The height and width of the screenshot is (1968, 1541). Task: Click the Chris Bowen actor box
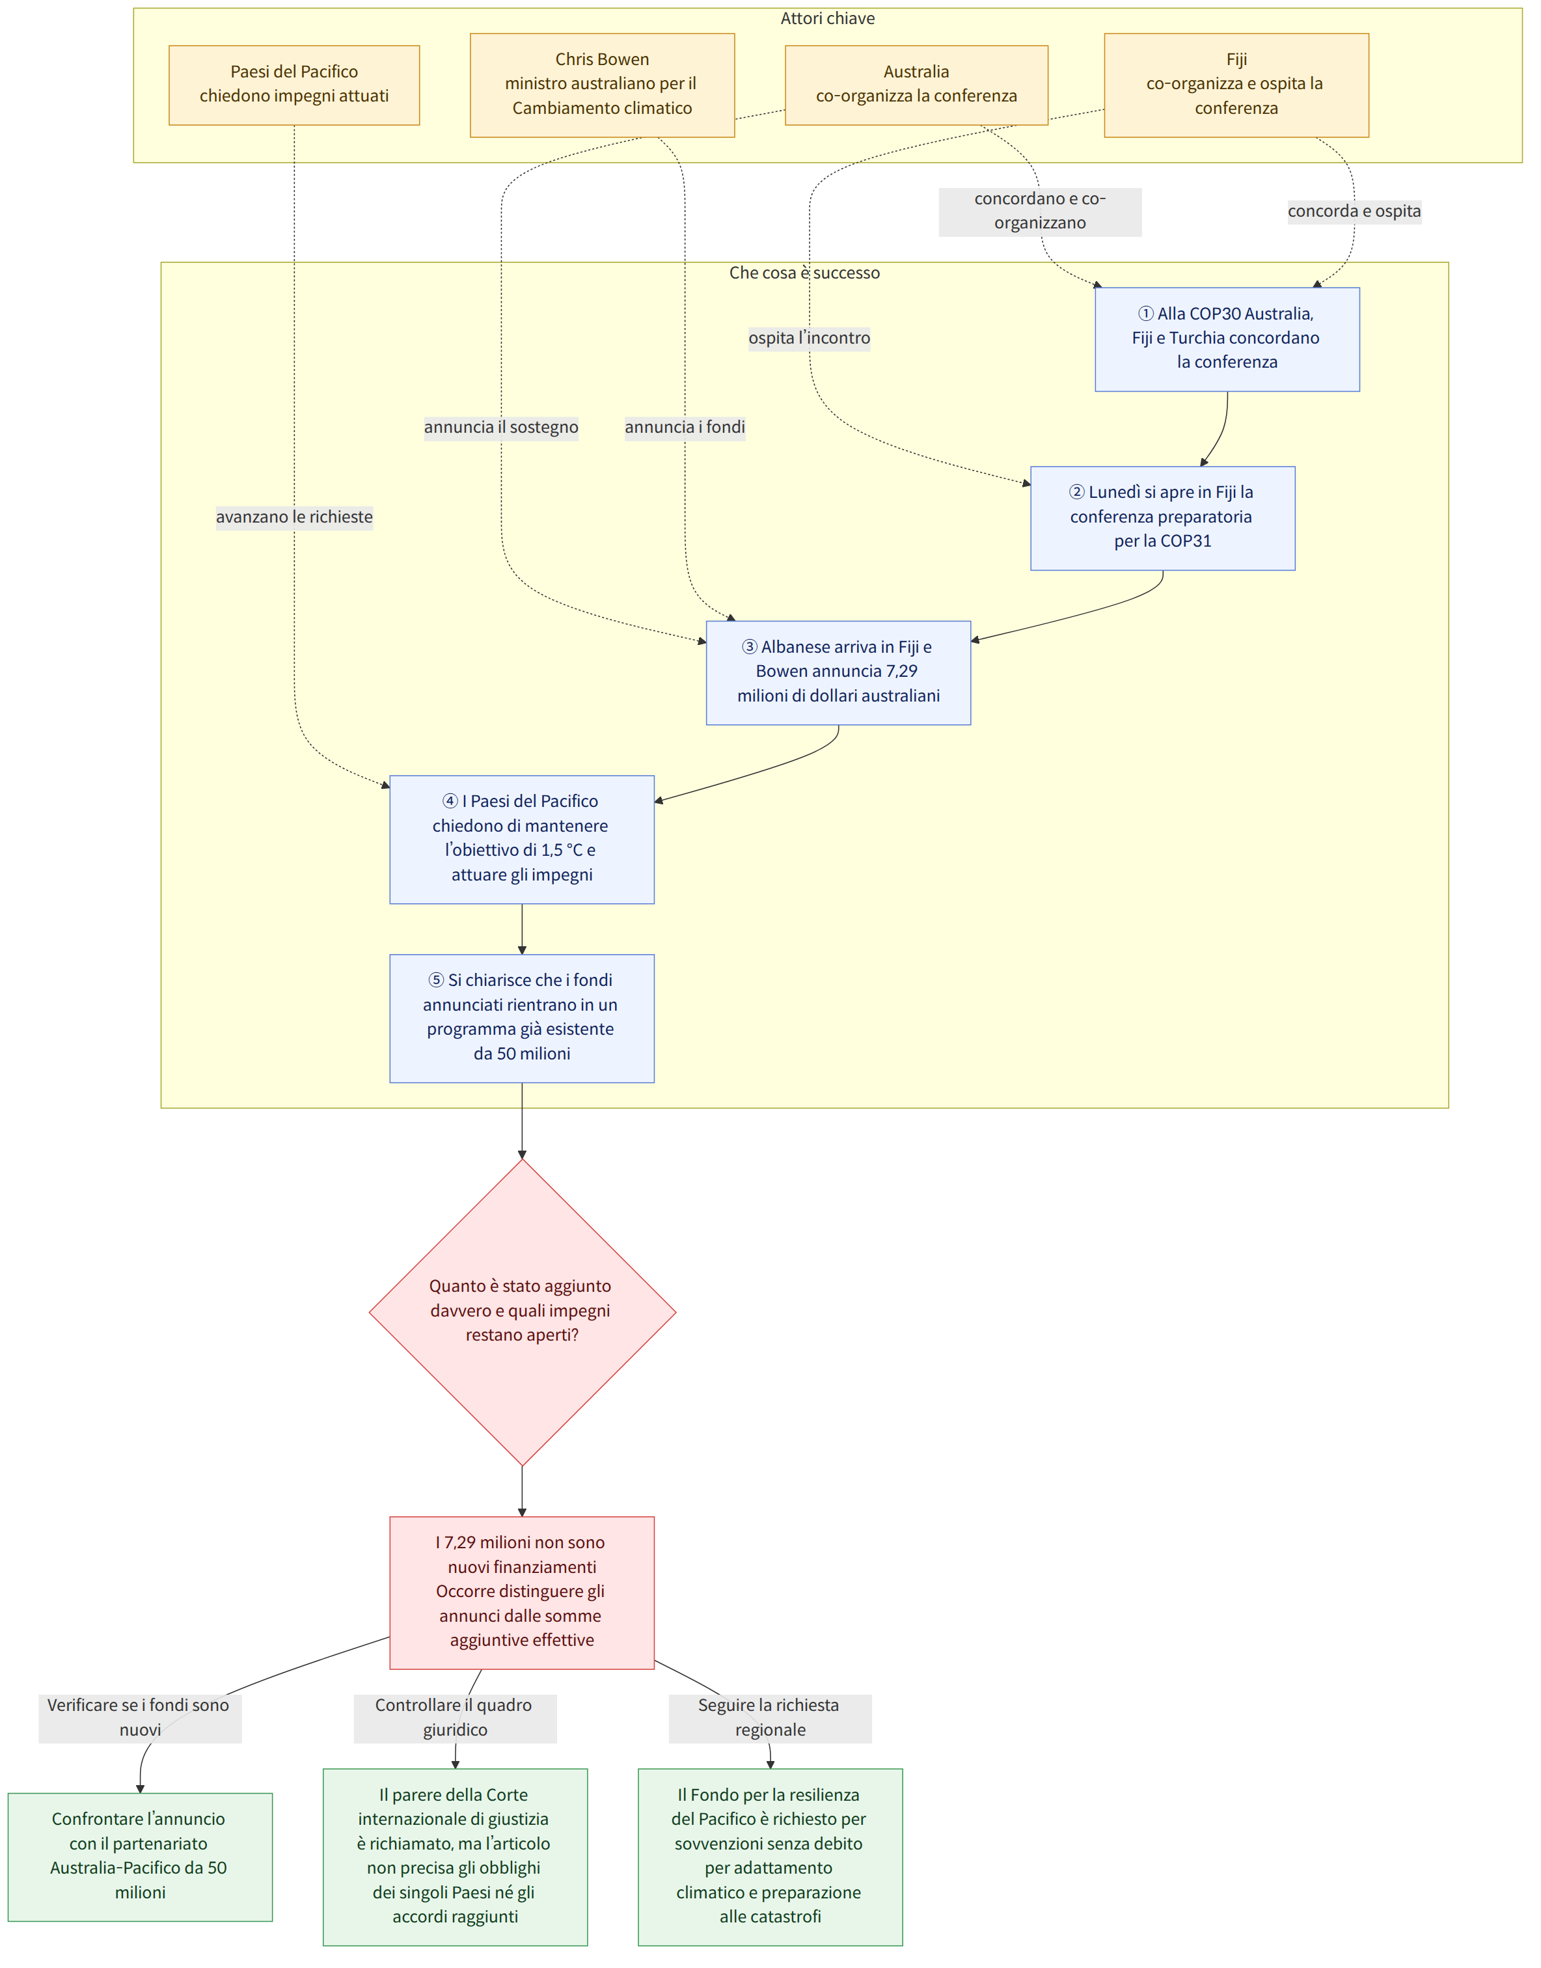click(x=602, y=85)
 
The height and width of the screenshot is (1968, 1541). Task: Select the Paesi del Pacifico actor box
click(x=294, y=85)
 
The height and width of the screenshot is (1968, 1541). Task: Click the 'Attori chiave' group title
click(x=827, y=18)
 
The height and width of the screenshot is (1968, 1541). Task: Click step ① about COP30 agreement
click(x=1227, y=338)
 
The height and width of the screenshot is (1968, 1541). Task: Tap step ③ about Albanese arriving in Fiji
click(x=838, y=672)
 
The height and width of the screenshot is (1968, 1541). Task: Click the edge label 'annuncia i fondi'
click(x=685, y=427)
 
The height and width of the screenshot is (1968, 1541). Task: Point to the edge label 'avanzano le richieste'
click(x=294, y=517)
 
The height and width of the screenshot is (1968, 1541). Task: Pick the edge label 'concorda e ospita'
click(x=1354, y=211)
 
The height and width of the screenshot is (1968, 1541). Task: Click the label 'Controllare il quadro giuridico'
click(x=455, y=1717)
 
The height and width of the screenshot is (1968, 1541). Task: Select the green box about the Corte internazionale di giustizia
click(x=455, y=1856)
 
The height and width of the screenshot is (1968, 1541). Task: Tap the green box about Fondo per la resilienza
click(x=770, y=1856)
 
